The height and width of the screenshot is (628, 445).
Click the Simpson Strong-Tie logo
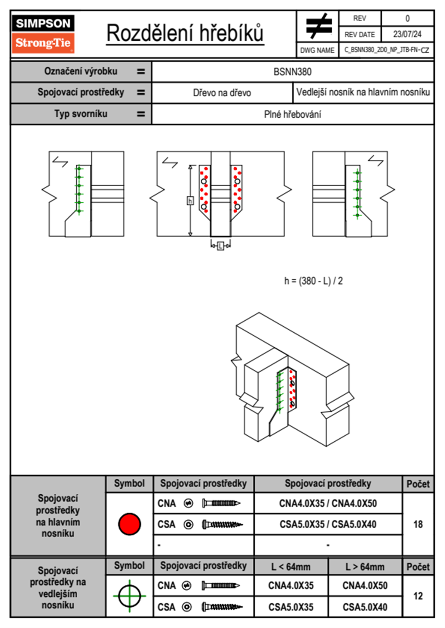click(43, 34)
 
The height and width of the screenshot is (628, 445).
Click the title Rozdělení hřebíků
click(185, 33)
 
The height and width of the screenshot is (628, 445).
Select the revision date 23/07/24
click(407, 34)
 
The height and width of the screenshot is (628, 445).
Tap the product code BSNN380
click(292, 72)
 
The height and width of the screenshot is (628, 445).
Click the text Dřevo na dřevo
click(222, 93)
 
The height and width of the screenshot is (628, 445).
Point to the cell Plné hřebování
click(292, 114)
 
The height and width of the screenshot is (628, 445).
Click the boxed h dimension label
click(190, 201)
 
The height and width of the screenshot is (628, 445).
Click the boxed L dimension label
click(221, 246)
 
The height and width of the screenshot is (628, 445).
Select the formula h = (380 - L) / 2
click(313, 281)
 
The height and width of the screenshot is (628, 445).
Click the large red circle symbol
click(129, 524)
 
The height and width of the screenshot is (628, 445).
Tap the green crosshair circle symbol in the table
click(129, 596)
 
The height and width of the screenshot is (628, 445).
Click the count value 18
click(418, 524)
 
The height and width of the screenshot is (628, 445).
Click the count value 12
click(418, 596)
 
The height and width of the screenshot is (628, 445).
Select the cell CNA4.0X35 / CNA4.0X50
click(328, 503)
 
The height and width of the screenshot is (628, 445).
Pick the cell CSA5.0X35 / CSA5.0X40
click(328, 524)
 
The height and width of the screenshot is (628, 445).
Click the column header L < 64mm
click(291, 567)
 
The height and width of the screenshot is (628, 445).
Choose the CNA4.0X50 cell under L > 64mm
click(365, 585)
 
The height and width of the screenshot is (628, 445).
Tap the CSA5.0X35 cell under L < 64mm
click(291, 607)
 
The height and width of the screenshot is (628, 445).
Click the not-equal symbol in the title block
click(318, 26)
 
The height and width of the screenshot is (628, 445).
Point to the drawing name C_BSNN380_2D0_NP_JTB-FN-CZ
click(387, 50)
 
